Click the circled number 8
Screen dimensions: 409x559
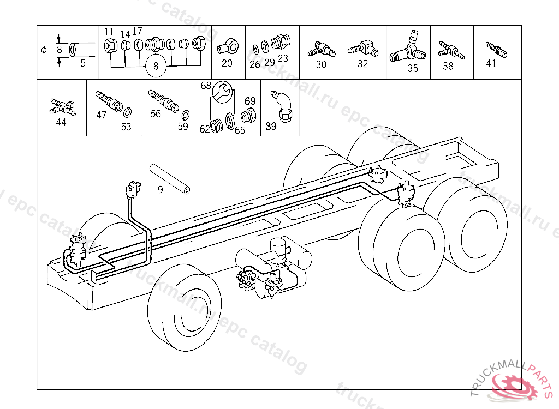pos(156,67)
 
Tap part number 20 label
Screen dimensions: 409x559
pos(227,63)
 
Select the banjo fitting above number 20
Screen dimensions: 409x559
pos(226,46)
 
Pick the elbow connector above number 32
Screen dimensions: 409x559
pos(364,48)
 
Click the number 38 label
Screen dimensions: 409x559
pos(448,66)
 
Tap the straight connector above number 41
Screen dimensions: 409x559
pos(496,49)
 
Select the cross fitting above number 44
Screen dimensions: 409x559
pos(61,105)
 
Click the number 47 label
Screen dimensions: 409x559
pos(102,115)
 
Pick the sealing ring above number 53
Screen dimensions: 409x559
pos(127,113)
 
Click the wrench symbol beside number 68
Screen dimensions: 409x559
pos(222,91)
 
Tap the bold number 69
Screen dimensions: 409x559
pos(250,101)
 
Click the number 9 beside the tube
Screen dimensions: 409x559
pos(160,190)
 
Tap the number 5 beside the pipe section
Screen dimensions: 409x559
pos(83,63)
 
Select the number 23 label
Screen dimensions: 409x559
pos(283,58)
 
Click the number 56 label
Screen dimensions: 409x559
pos(156,113)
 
